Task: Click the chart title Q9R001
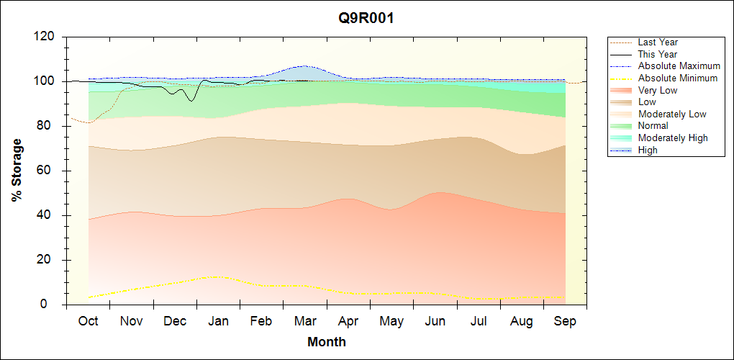point(366,18)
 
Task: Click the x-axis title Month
point(326,342)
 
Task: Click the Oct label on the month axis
point(88,321)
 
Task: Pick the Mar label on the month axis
point(305,321)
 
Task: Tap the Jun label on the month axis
point(435,321)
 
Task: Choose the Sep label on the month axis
point(565,321)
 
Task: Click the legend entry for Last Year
point(657,42)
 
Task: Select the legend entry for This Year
point(657,54)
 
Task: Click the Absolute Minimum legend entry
point(678,78)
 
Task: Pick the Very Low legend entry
point(658,90)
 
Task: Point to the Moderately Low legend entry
point(672,114)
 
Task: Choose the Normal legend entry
point(653,126)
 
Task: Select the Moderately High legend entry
point(673,138)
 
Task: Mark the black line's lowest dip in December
point(191,101)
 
